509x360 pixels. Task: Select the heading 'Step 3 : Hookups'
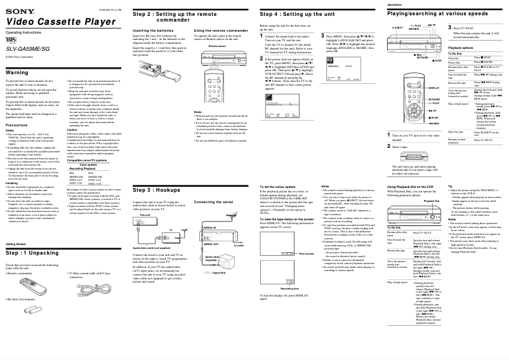[x=156, y=189]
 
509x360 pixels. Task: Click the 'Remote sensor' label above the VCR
[x=217, y=46]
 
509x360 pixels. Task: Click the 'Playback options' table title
[x=461, y=48]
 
